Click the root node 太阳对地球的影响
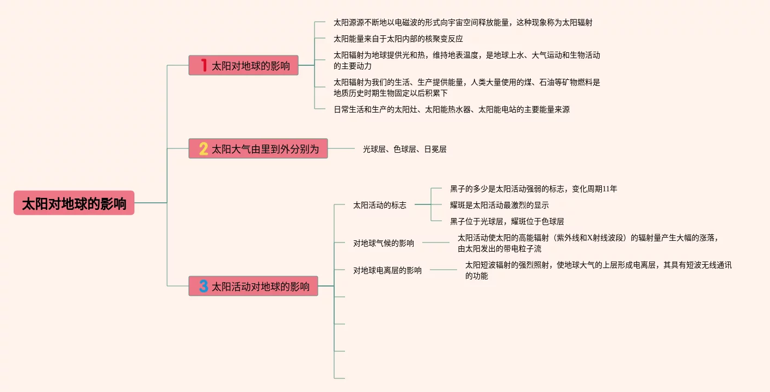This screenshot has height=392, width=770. [x=74, y=203]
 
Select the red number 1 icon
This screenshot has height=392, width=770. [x=204, y=66]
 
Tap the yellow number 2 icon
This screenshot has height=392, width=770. [x=204, y=148]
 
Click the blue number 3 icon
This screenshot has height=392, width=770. [x=204, y=286]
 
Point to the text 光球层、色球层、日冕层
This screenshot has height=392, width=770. [x=404, y=149]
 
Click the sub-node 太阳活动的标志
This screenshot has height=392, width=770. [x=379, y=205]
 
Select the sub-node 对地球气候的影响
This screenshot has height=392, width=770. [x=383, y=243]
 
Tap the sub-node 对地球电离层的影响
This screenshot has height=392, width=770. [x=387, y=270]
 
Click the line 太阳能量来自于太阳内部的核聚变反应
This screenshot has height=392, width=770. [x=398, y=39]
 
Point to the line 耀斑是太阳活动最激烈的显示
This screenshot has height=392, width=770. [x=499, y=205]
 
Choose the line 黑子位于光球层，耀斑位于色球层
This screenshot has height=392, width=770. [x=507, y=221]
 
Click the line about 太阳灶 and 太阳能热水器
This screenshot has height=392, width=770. [x=451, y=109]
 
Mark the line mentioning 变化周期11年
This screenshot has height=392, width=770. [x=533, y=189]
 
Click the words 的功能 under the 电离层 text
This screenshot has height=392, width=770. [x=476, y=276]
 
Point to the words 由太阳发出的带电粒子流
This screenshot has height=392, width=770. [x=499, y=248]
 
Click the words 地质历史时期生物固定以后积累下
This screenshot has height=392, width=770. [x=390, y=93]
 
